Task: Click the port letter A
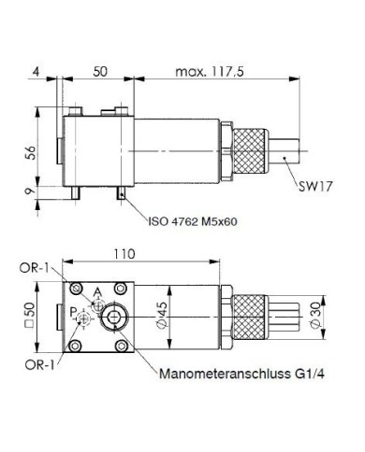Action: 97,290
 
